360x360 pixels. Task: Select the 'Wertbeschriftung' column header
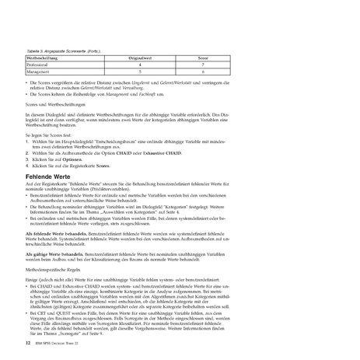(45, 58)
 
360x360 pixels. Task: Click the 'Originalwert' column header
(140, 58)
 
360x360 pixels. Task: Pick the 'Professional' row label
(40, 65)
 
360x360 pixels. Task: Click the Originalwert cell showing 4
(140, 65)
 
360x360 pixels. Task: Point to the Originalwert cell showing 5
(140, 72)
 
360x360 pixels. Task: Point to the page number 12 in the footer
(28, 341)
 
